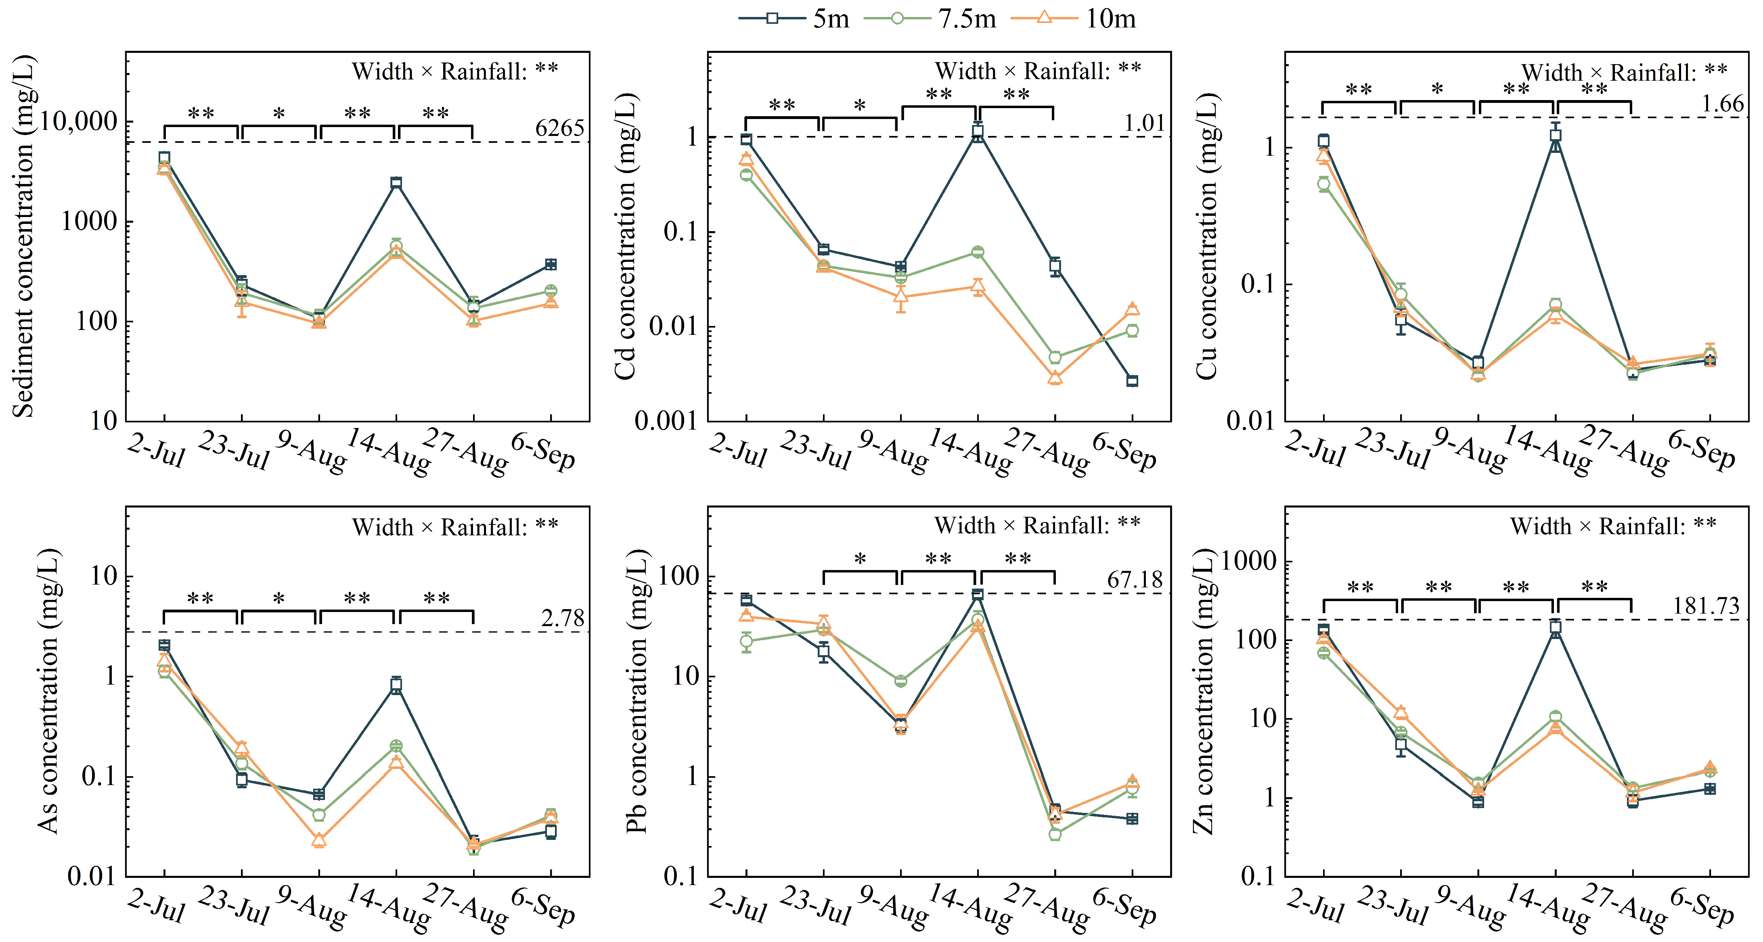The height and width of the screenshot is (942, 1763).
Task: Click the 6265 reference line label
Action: pyautogui.click(x=560, y=128)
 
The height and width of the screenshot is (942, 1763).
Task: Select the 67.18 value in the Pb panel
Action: pyautogui.click(x=1135, y=580)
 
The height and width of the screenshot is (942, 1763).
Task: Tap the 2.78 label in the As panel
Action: pyautogui.click(x=563, y=618)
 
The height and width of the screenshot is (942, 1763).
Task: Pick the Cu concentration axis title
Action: pyautogui.click(x=1206, y=236)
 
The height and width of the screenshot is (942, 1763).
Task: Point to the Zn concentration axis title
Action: pyautogui.click(x=1204, y=692)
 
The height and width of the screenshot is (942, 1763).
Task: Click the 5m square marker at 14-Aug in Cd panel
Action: pyautogui.click(x=978, y=132)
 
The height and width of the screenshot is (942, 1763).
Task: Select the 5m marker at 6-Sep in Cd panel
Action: pyautogui.click(x=1133, y=381)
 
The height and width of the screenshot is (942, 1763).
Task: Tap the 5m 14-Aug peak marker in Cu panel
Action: pyautogui.click(x=1556, y=136)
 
